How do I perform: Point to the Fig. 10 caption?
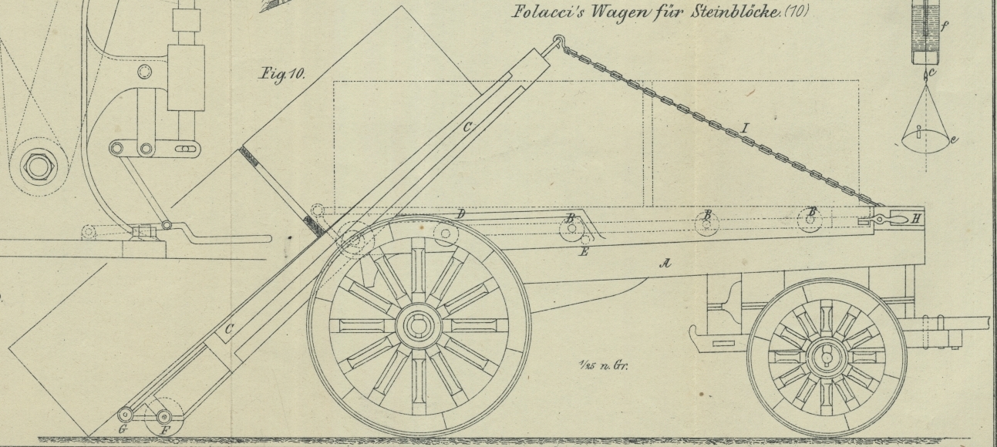tap(281, 75)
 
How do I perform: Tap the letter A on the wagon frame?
tap(665, 264)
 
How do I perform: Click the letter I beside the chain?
tap(743, 129)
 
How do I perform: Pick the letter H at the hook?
tap(915, 219)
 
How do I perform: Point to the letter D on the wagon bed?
tap(460, 213)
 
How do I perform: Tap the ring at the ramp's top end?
tap(558, 42)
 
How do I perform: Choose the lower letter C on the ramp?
tap(228, 329)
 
